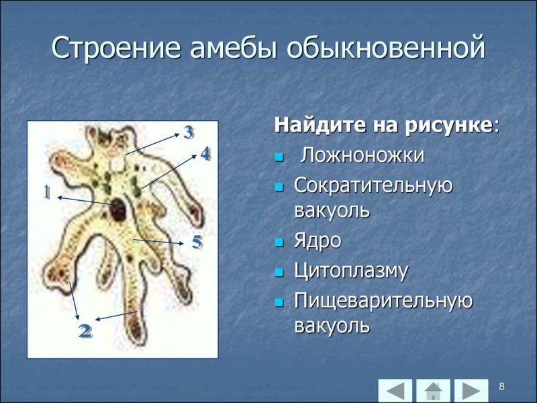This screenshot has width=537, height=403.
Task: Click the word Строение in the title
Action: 116,49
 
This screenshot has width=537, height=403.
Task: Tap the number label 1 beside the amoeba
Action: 47,193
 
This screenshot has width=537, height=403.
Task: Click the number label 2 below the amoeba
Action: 85,330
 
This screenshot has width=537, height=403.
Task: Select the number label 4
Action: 205,154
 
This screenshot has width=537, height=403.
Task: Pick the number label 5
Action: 197,242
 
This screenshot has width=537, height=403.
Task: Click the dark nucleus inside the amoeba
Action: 120,209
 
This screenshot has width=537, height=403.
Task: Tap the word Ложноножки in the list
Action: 362,156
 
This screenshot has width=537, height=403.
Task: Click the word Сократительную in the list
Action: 373,185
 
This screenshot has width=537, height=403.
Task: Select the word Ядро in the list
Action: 318,241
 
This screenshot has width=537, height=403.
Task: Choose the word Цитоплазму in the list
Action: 351,271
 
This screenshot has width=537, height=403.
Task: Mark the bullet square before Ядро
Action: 280,242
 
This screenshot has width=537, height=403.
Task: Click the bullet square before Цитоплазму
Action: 280,272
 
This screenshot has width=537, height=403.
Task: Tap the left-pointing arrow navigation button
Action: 395,390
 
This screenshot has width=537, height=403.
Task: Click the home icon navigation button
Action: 433,390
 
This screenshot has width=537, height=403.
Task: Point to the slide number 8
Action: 501,386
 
